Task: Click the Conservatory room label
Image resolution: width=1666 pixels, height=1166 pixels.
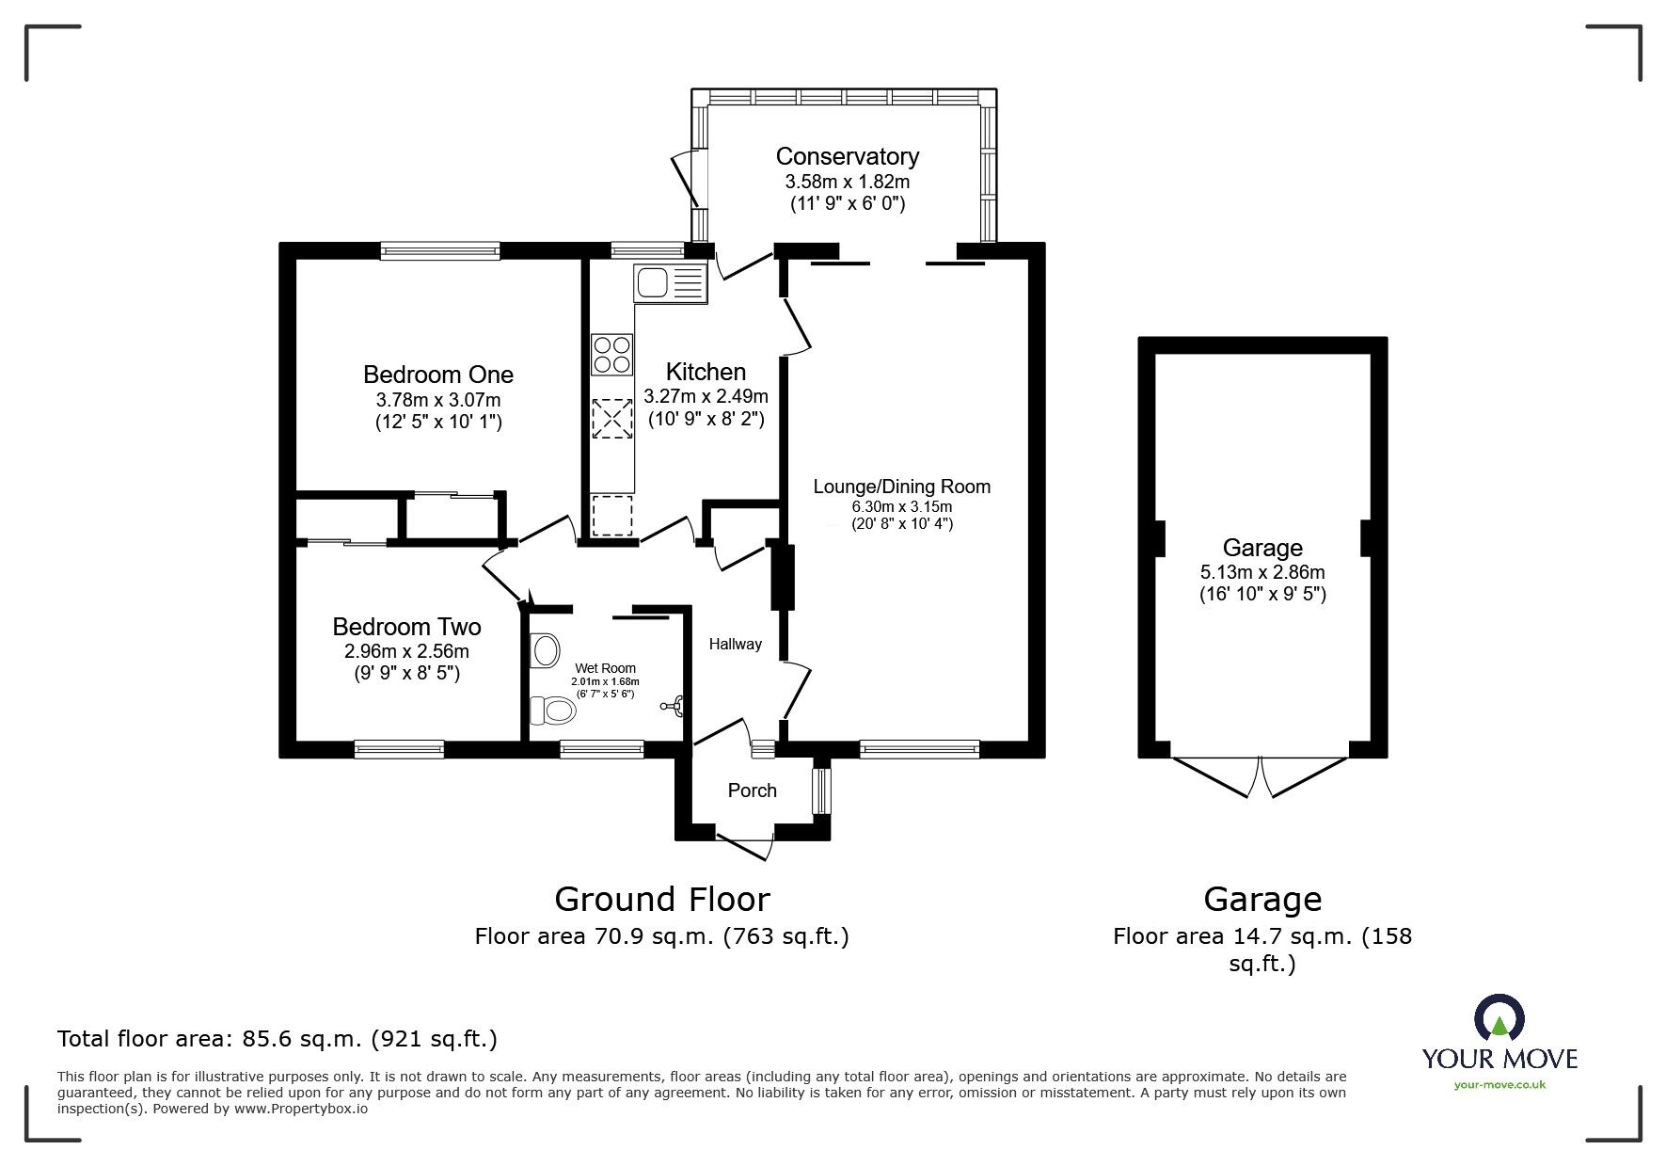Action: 847,156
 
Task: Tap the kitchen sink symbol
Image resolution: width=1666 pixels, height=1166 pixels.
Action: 670,282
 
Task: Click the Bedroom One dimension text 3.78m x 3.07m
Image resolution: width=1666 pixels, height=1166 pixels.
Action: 437,399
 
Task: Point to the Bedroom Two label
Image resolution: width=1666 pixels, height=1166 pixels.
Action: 406,627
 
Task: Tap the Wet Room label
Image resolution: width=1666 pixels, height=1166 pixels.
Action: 605,668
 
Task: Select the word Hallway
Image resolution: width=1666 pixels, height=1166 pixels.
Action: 735,645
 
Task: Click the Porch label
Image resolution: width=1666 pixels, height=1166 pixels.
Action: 752,791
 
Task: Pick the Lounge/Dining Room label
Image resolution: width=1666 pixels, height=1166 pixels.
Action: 901,487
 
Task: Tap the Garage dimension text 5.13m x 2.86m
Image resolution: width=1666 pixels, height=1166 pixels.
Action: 1261,572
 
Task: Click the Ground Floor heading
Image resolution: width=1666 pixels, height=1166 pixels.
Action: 661,900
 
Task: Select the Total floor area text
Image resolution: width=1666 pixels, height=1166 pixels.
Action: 278,1039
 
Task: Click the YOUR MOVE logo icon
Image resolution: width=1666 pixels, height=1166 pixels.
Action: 1499,1018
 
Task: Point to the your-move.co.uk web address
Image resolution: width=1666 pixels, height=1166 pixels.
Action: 1499,1084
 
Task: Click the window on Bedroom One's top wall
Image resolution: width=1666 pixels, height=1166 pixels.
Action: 440,250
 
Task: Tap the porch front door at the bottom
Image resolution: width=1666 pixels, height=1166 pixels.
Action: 745,843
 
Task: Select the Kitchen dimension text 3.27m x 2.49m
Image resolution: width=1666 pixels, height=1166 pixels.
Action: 706,396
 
